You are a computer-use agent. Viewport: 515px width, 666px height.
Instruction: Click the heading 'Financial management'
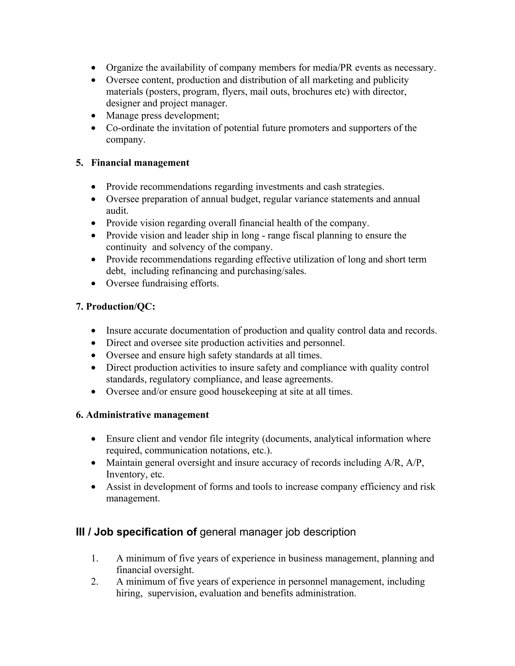[140, 163]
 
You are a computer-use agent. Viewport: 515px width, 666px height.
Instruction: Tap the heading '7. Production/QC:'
[116, 306]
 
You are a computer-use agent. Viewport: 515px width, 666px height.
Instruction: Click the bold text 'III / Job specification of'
[136, 532]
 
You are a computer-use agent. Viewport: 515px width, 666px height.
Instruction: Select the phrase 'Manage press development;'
[163, 116]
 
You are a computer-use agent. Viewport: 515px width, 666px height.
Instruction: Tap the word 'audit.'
[117, 211]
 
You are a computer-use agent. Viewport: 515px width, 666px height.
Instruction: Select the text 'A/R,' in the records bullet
[393, 463]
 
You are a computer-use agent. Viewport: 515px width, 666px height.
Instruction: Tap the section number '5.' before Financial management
[79, 163]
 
